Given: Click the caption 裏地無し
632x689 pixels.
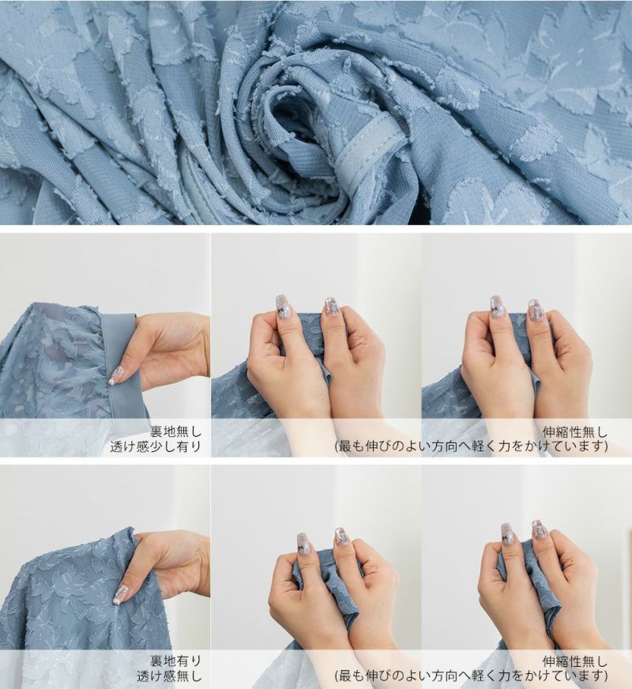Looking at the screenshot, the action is click(175, 431).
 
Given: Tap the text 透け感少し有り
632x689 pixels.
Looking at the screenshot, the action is click(156, 447).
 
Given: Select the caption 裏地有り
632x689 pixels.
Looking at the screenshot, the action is click(175, 661).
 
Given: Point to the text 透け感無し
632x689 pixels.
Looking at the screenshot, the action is click(169, 676).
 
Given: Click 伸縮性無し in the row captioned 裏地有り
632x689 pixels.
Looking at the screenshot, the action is click(575, 661).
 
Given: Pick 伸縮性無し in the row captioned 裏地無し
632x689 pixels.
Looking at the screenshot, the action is click(575, 431).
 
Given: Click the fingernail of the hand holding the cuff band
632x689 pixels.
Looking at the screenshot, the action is click(115, 375).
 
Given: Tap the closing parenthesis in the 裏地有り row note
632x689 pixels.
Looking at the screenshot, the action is click(606, 676).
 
